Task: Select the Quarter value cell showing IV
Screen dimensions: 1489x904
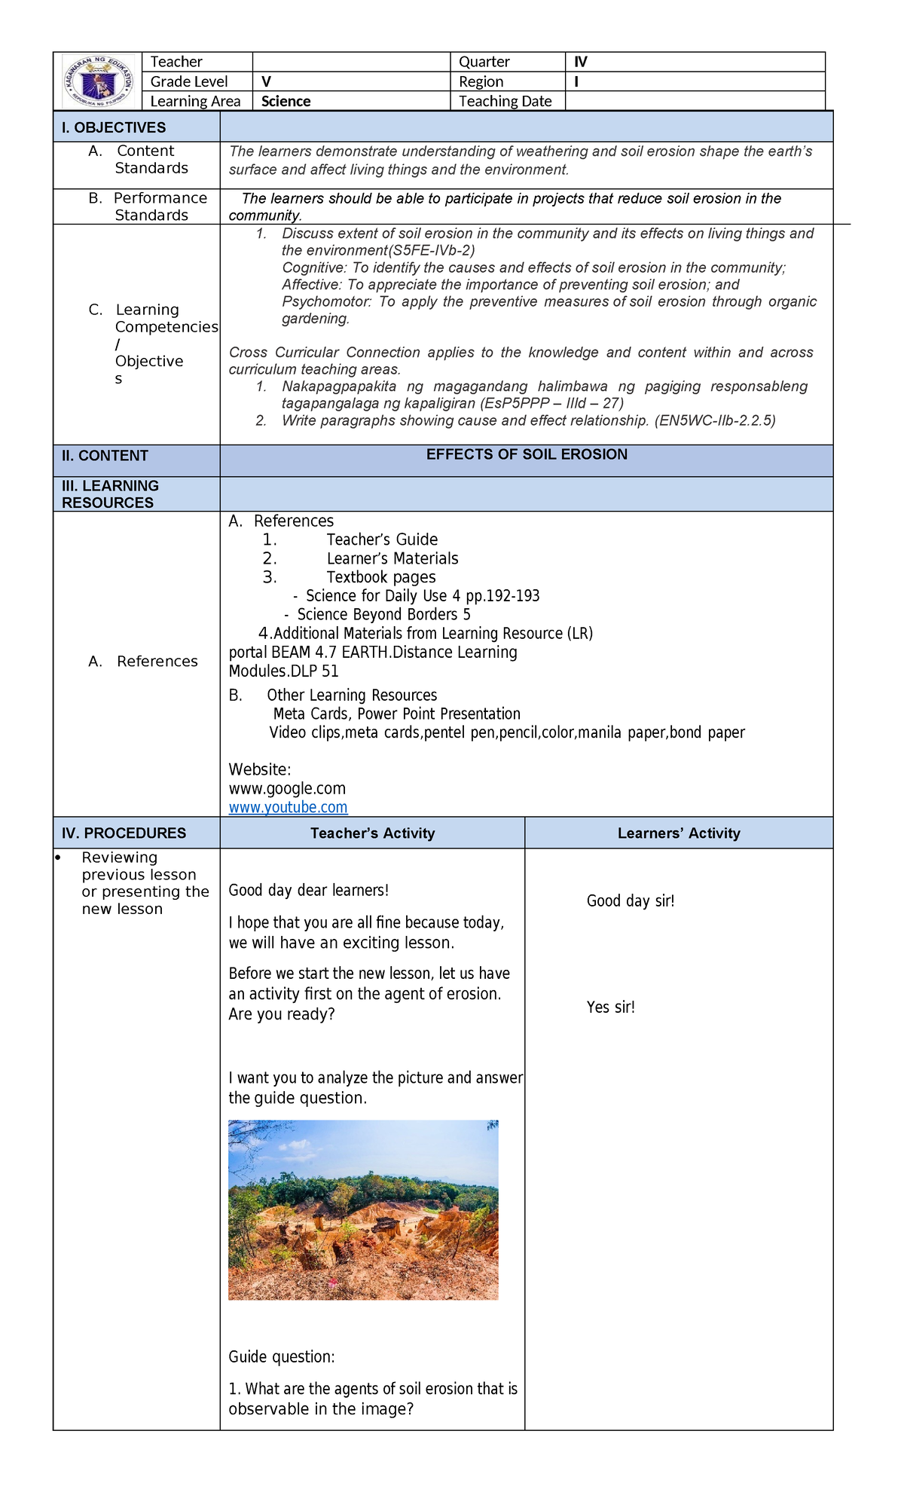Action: (x=580, y=62)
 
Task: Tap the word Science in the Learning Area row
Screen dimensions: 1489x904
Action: (x=286, y=102)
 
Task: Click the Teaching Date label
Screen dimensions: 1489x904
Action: (x=505, y=102)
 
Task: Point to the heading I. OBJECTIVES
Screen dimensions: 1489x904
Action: (x=114, y=127)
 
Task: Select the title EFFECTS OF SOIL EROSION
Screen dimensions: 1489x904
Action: (x=527, y=454)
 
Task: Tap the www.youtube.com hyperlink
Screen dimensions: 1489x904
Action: (x=288, y=808)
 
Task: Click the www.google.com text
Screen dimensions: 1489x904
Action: (x=287, y=789)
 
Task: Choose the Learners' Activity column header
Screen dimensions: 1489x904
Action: (x=679, y=833)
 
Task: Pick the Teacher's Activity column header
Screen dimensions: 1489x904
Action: (x=372, y=833)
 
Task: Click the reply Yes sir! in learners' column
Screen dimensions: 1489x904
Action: (x=610, y=1007)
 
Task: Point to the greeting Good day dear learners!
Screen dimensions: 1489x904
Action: (x=308, y=891)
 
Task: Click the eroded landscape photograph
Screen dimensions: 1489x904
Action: (x=363, y=1210)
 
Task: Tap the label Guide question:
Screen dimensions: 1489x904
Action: (x=281, y=1357)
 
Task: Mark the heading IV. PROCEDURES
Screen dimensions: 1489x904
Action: (x=124, y=833)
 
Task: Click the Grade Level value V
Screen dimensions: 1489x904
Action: (x=266, y=82)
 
